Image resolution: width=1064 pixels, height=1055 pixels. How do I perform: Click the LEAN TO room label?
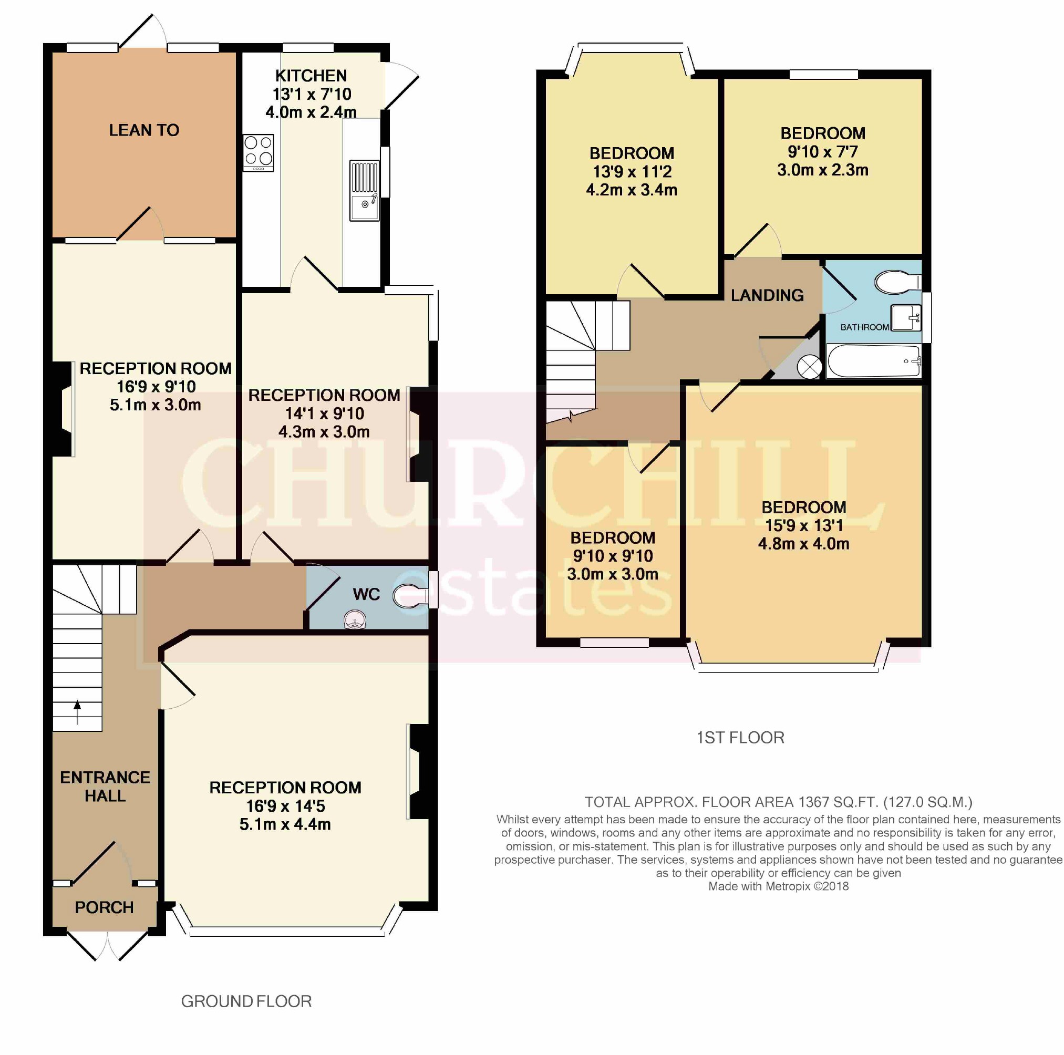(x=144, y=130)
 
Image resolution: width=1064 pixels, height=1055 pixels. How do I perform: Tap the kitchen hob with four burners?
(x=259, y=152)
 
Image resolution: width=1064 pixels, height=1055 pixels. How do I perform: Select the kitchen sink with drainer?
(x=364, y=191)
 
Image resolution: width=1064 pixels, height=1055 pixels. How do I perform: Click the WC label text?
(x=366, y=594)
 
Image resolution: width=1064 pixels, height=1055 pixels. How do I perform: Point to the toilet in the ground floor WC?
(x=411, y=596)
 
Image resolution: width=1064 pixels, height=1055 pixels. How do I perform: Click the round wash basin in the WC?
(x=355, y=620)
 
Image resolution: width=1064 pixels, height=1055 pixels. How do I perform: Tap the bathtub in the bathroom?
(x=873, y=361)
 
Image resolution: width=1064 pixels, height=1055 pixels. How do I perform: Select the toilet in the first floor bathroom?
(x=897, y=282)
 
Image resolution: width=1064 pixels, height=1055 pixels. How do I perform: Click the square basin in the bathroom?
(x=906, y=318)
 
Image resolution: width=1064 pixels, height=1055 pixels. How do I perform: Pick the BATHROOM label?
(x=865, y=327)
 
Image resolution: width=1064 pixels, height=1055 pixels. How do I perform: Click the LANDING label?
(x=767, y=295)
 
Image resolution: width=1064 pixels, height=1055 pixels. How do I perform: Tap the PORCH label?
(x=104, y=907)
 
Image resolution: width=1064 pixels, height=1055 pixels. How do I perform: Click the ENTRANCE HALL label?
(x=105, y=787)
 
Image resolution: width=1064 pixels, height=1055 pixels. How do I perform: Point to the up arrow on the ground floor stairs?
(x=77, y=712)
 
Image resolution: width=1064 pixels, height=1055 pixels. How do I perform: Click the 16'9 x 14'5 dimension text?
(x=285, y=805)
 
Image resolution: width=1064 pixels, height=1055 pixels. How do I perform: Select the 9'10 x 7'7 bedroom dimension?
(x=823, y=151)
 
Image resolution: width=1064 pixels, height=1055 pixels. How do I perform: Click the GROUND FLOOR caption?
(x=246, y=1001)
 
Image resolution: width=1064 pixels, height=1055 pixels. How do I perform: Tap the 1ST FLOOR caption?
(x=740, y=737)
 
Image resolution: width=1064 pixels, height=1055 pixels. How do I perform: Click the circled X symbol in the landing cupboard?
(x=809, y=367)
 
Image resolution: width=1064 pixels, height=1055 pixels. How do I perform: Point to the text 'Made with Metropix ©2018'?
(x=778, y=886)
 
